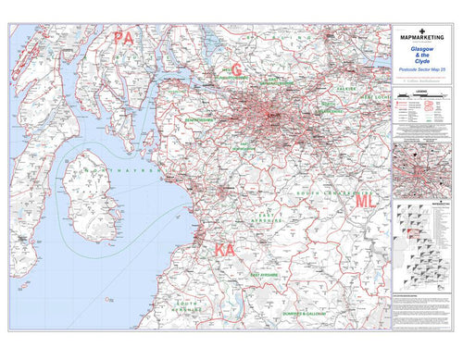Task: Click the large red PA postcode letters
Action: click(124, 38)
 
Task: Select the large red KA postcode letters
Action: click(226, 251)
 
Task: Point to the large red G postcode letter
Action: click(237, 69)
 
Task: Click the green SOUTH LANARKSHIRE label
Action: click(320, 192)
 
